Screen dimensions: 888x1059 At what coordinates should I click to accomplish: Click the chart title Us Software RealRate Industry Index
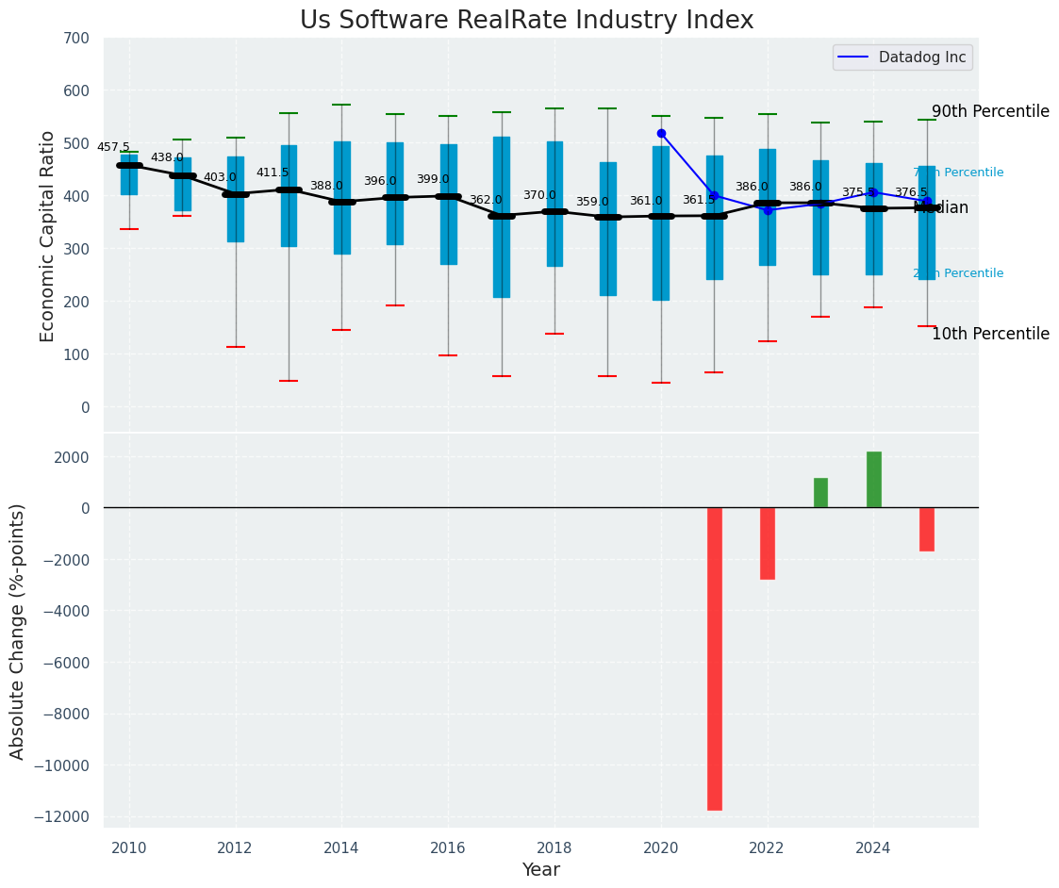tap(526, 21)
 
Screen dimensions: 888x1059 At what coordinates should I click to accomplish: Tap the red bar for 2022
tap(767, 543)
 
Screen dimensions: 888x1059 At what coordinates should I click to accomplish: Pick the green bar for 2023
tap(820, 493)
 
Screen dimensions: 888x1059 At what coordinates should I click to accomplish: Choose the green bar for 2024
tap(873, 480)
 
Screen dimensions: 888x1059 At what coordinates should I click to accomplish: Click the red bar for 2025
tap(926, 529)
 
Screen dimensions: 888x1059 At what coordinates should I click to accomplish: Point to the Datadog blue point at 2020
tap(661, 134)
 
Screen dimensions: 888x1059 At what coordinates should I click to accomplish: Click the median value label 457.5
tap(113, 147)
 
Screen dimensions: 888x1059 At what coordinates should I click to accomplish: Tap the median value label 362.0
tap(486, 200)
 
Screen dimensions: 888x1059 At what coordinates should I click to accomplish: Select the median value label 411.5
tap(273, 173)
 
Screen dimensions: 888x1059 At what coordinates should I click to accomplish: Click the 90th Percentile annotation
tap(990, 111)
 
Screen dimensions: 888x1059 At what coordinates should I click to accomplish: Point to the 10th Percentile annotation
tap(990, 334)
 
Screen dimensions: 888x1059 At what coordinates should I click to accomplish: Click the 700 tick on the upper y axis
tap(76, 39)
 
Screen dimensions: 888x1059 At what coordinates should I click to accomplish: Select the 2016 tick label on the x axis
tap(448, 847)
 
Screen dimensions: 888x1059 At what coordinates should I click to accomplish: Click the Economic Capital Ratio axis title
tap(48, 237)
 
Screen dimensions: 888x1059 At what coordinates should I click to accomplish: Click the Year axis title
tap(541, 870)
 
